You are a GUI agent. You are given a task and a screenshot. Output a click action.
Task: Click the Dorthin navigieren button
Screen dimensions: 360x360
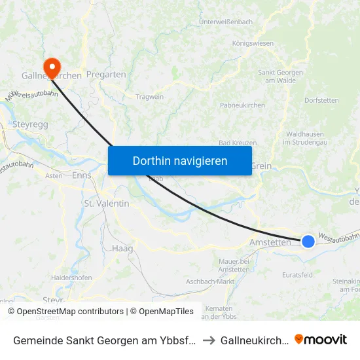point(180,160)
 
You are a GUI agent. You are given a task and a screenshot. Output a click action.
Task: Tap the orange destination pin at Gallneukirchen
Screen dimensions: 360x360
point(51,66)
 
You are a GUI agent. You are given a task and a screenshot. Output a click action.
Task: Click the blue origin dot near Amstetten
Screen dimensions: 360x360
point(308,242)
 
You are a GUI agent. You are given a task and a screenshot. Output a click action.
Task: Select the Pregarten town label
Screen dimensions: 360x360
point(106,75)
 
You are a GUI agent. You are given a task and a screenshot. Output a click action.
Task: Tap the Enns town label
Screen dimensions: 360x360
point(82,175)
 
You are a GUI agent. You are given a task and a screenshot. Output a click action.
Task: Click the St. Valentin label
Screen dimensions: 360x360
point(107,204)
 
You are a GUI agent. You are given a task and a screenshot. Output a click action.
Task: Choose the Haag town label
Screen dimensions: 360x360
point(122,248)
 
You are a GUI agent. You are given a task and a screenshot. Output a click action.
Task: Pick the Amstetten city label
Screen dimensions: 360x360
point(270,242)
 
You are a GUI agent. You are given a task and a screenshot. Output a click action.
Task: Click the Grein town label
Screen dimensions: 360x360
point(261,166)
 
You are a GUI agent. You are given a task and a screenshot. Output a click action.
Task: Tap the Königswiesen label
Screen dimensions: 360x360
point(253,43)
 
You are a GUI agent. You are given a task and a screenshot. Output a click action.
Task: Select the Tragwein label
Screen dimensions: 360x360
point(149,97)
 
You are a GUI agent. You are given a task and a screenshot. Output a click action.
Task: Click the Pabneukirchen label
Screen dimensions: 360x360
point(242,105)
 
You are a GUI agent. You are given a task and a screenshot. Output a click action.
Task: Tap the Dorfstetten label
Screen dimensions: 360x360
point(321,101)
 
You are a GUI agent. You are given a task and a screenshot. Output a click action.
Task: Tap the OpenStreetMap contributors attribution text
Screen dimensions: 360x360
point(65,312)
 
